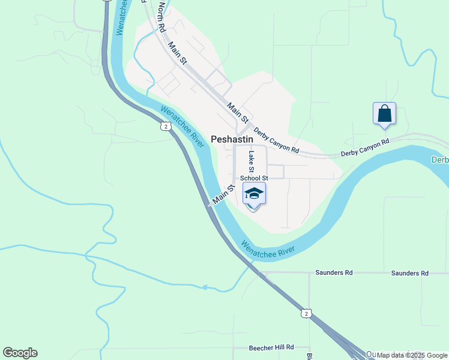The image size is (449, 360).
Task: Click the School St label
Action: (x=253, y=178)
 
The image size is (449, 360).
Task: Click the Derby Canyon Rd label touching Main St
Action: (x=276, y=140)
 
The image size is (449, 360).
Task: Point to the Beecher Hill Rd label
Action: (x=271, y=347)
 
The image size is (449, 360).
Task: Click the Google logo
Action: (x=20, y=353)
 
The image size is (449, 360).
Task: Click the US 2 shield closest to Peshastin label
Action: (x=165, y=125)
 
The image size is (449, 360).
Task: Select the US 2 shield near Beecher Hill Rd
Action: (x=306, y=313)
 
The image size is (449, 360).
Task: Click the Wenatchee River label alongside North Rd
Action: (x=124, y=17)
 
